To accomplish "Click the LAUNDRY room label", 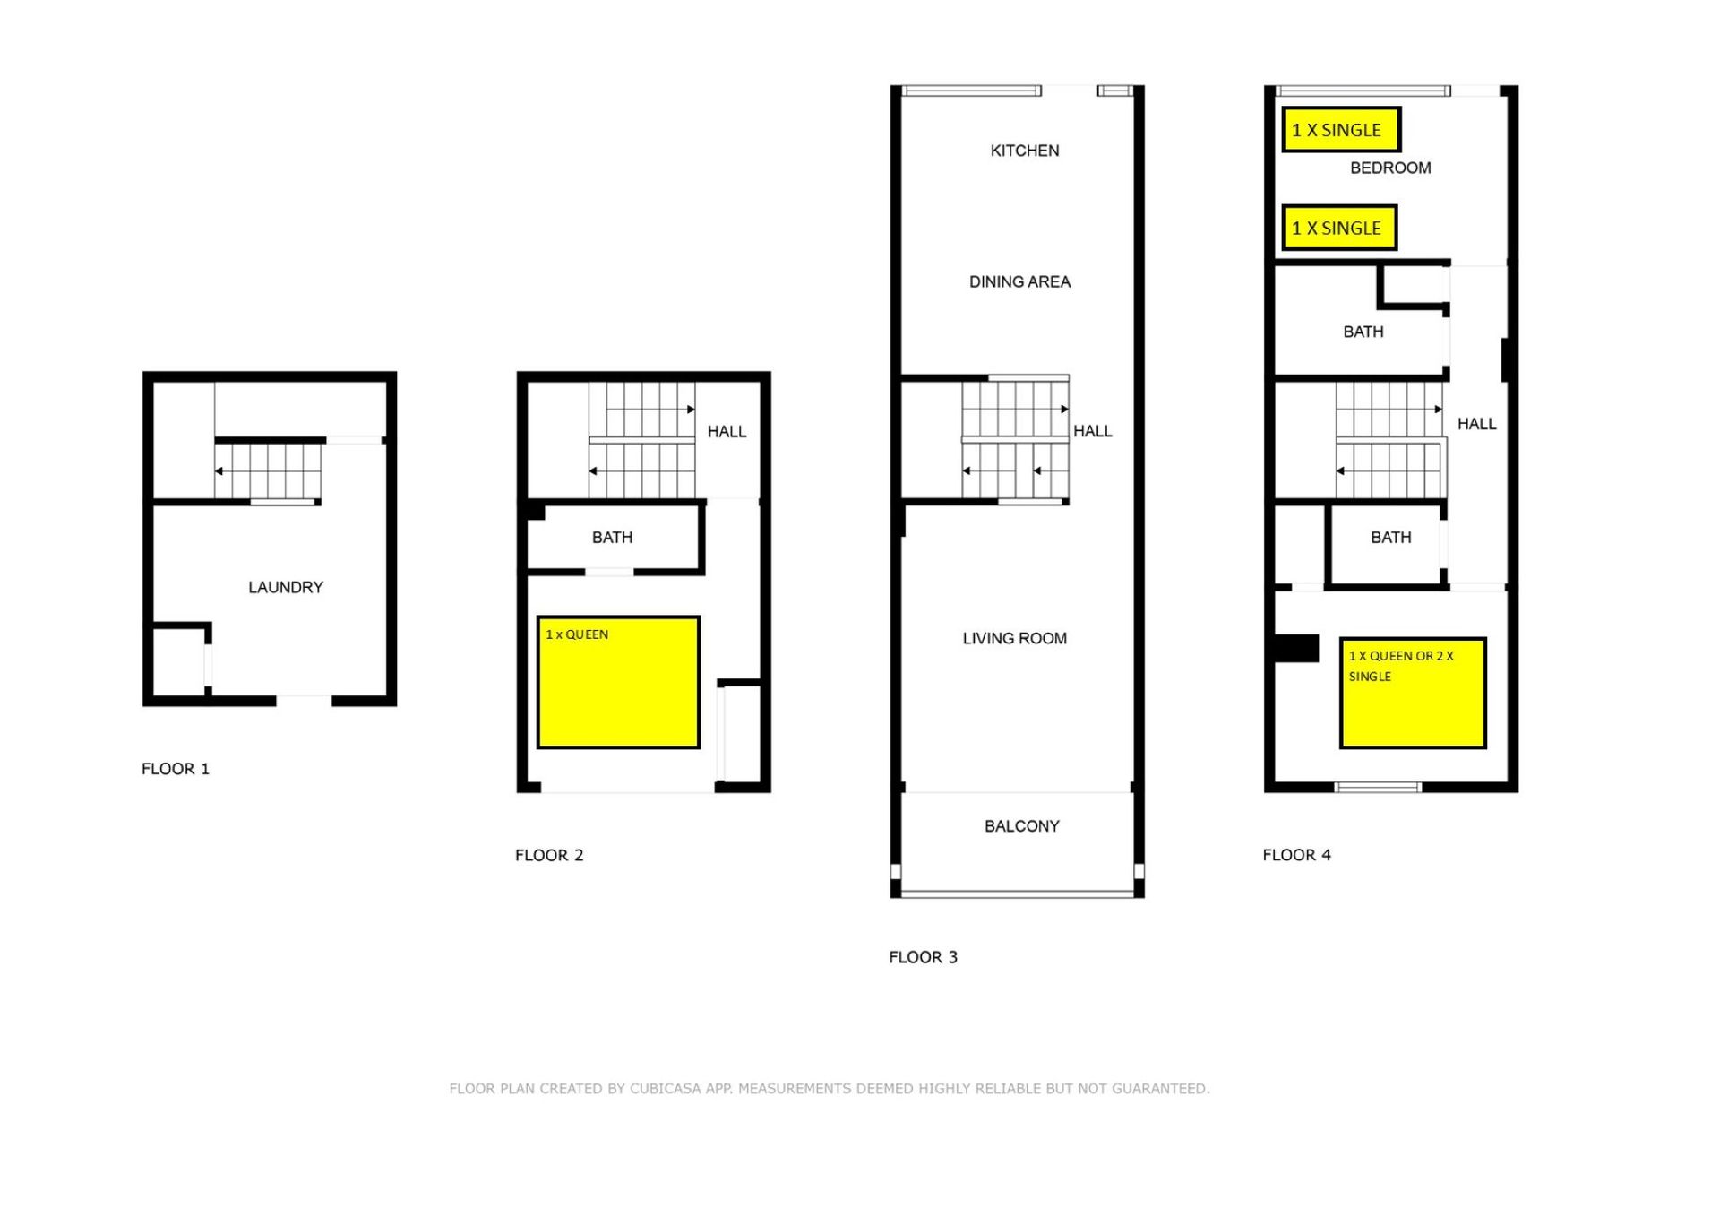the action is pyautogui.click(x=286, y=587).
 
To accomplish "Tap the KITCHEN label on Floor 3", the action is pyautogui.click(x=1025, y=151).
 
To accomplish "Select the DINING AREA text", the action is pyautogui.click(x=1019, y=281).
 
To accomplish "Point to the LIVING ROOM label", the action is pyautogui.click(x=1015, y=638).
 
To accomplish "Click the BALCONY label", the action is pyautogui.click(x=1022, y=826).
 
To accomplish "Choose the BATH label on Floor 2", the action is pyautogui.click(x=612, y=538).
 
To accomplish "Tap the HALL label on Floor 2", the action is pyautogui.click(x=727, y=432).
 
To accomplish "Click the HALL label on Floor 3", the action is pyautogui.click(x=1093, y=431).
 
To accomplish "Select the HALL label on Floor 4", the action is pyautogui.click(x=1476, y=424).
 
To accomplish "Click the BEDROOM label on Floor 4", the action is pyautogui.click(x=1390, y=168).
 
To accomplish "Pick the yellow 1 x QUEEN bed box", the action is pyautogui.click(x=618, y=682).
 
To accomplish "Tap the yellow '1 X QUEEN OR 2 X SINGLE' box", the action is pyautogui.click(x=1413, y=693).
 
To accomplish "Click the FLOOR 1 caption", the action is pyautogui.click(x=176, y=769).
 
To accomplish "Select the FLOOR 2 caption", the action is pyautogui.click(x=549, y=856).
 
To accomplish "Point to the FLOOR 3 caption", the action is pyautogui.click(x=923, y=957).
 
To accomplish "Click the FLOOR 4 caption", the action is pyautogui.click(x=1296, y=855).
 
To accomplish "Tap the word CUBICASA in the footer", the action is pyautogui.click(x=666, y=1089).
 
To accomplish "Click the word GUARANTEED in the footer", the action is pyautogui.click(x=1160, y=1089).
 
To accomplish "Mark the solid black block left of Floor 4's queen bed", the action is pyautogui.click(x=1296, y=648).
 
